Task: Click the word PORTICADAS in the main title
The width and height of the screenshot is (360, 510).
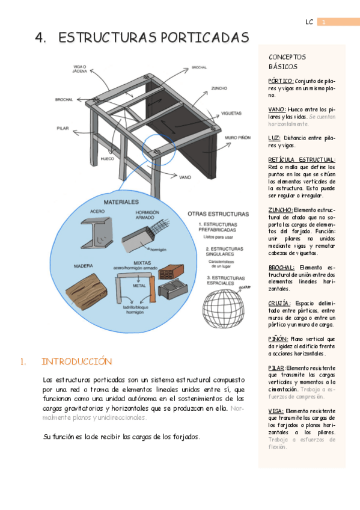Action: (x=198, y=37)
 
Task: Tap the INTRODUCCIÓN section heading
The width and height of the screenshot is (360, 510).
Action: (x=76, y=361)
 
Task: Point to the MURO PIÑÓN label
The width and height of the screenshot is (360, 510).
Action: (x=237, y=138)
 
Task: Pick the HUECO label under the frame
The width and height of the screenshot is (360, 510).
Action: (x=108, y=159)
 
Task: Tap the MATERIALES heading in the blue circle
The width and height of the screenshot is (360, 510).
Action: (x=121, y=201)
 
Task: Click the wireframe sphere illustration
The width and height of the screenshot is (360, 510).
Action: (x=224, y=300)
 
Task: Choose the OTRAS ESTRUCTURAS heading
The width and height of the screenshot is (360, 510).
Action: (x=218, y=214)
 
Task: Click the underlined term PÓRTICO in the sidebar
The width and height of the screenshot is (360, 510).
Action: (x=281, y=81)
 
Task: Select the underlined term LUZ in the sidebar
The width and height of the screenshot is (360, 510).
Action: (x=274, y=138)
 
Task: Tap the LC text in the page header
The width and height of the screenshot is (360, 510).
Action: (x=309, y=22)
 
